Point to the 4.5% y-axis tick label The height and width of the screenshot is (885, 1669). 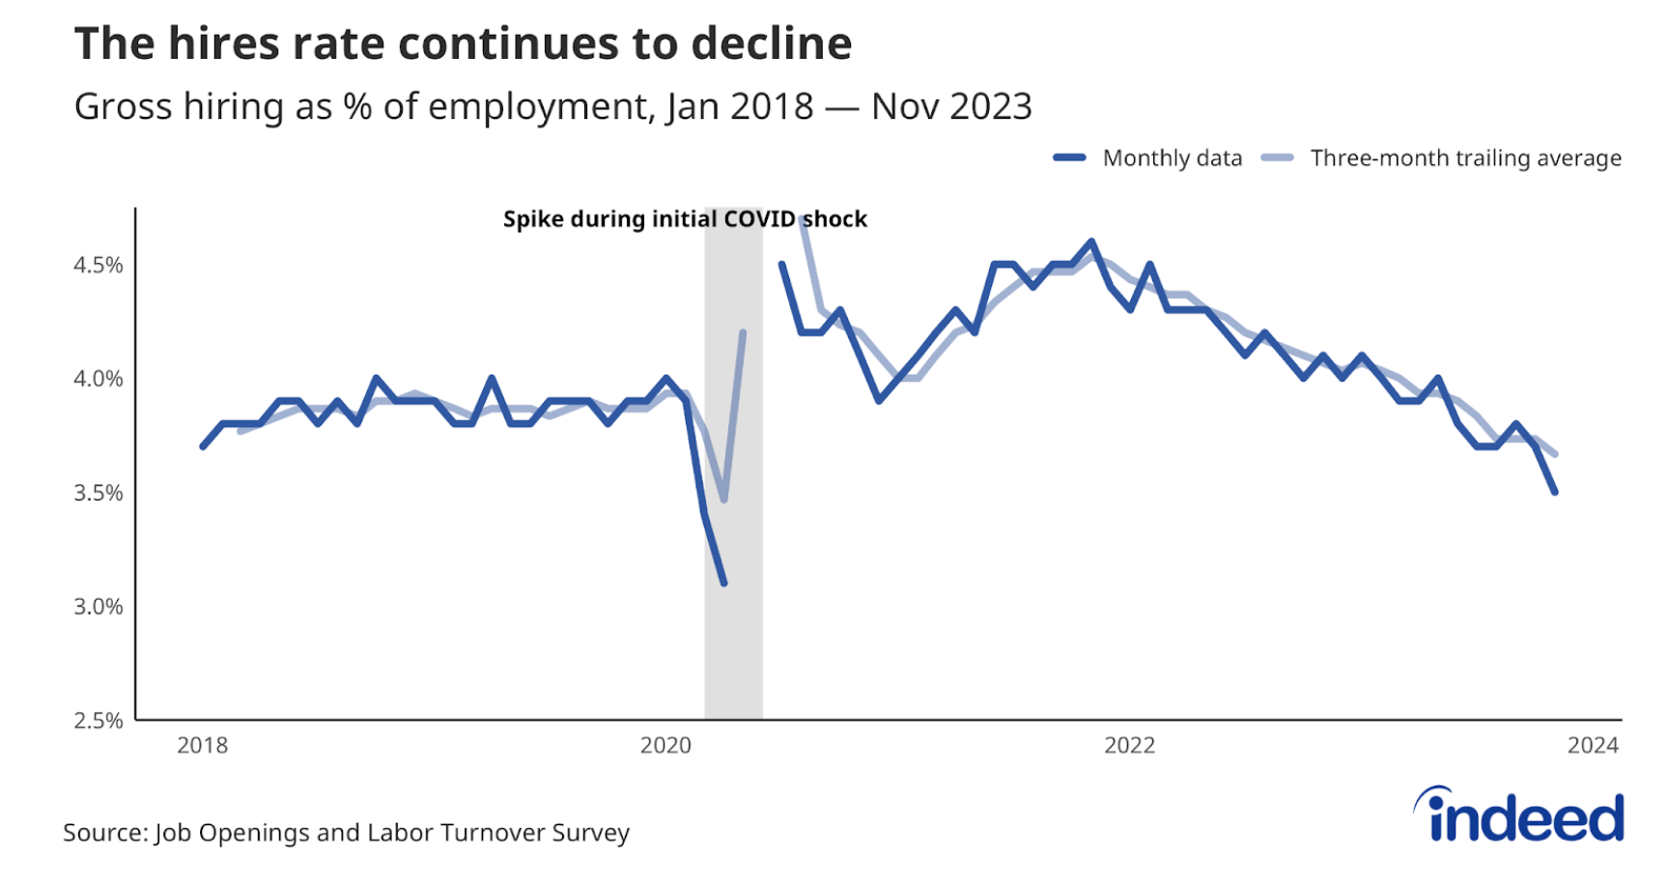99,265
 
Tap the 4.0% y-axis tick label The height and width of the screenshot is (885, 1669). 99,379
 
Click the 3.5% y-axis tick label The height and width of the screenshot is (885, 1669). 99,493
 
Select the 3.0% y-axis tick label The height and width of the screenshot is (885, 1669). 99,607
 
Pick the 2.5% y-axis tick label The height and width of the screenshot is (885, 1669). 99,721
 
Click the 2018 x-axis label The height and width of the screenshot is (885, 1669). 202,746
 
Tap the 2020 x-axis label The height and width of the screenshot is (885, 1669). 665,746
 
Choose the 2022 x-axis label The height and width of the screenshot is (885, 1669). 1129,746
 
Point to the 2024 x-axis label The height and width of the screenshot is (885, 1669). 1593,746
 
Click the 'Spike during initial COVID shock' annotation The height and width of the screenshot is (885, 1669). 684,219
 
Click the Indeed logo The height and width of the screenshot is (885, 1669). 1519,816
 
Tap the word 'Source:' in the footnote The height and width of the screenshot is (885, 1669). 104,833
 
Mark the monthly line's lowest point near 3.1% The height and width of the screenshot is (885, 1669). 723,584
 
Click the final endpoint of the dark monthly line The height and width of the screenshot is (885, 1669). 1555,493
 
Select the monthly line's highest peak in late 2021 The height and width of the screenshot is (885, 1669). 1091,242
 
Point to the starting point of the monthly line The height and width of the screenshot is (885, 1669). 202,446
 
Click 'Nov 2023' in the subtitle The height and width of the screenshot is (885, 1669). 951,106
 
